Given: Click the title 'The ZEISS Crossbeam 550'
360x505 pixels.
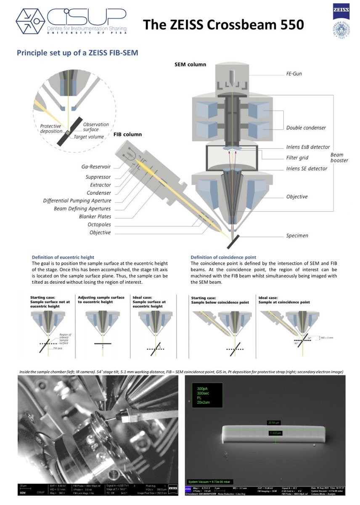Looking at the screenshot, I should click(x=223, y=25).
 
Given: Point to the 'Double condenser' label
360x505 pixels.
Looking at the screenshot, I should click(x=306, y=128).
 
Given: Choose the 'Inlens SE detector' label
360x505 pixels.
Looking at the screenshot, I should click(x=307, y=169).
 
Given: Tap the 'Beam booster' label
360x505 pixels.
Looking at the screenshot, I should click(x=339, y=157).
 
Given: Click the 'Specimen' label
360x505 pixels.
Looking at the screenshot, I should click(x=297, y=236).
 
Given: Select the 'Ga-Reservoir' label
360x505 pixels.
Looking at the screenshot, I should click(x=98, y=167).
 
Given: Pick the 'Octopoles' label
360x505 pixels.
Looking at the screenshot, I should click(x=99, y=224).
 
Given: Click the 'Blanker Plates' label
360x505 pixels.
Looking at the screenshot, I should click(x=95, y=216).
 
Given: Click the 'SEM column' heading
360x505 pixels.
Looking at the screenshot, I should click(x=191, y=64).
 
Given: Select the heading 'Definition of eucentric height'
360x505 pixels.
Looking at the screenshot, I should click(x=63, y=257).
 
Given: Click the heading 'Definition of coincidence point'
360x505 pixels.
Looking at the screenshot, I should click(x=223, y=257).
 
